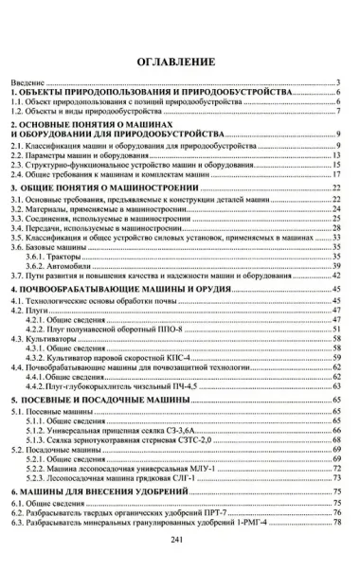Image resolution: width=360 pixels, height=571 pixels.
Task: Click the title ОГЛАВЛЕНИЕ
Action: [179, 63]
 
